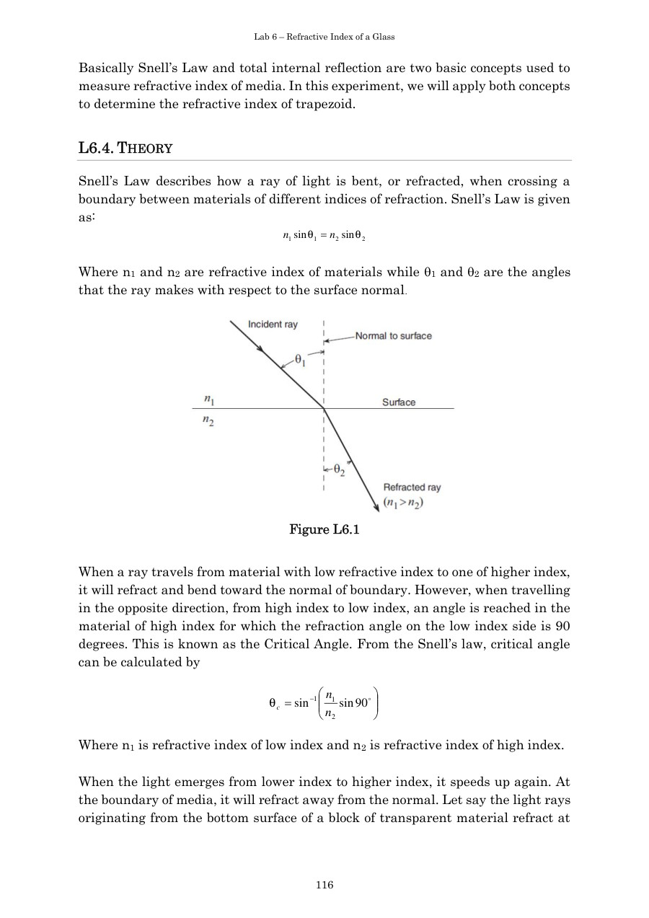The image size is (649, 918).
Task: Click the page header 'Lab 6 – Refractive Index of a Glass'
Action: pyautogui.click(x=324, y=37)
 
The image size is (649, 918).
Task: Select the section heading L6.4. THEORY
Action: pyautogui.click(x=125, y=149)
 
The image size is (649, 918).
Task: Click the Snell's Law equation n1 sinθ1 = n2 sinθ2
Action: pyautogui.click(x=324, y=236)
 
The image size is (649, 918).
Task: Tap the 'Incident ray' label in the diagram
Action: pyautogui.click(x=273, y=325)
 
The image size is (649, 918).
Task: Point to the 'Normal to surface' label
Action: pyautogui.click(x=393, y=336)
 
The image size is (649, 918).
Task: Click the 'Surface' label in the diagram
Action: pyautogui.click(x=399, y=402)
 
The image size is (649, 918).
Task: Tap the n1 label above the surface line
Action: pyautogui.click(x=208, y=398)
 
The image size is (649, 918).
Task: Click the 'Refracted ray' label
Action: pyautogui.click(x=412, y=487)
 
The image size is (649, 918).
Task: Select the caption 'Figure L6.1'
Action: pyautogui.click(x=324, y=530)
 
